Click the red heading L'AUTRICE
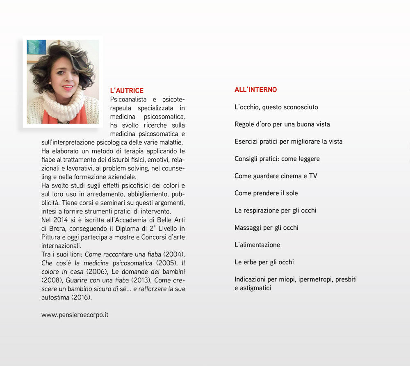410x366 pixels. pyautogui.click(x=127, y=91)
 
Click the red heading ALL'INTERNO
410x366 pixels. pyautogui.click(x=255, y=89)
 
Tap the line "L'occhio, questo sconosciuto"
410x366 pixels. pyautogui.click(x=276, y=107)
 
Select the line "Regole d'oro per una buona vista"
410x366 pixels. pyautogui.click(x=282, y=124)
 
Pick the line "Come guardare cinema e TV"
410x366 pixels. pyautogui.click(x=276, y=176)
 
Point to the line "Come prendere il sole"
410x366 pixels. pyautogui.click(x=266, y=193)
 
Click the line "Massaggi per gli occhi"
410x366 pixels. pyautogui.click(x=266, y=228)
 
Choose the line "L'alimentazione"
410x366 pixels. pyautogui.click(x=257, y=245)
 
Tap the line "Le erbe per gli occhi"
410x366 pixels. pyautogui.click(x=264, y=262)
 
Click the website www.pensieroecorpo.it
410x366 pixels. pyautogui.click(x=75, y=315)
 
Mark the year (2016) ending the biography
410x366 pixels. pyautogui.click(x=81, y=297)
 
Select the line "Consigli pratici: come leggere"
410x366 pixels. pyautogui.click(x=277, y=159)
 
